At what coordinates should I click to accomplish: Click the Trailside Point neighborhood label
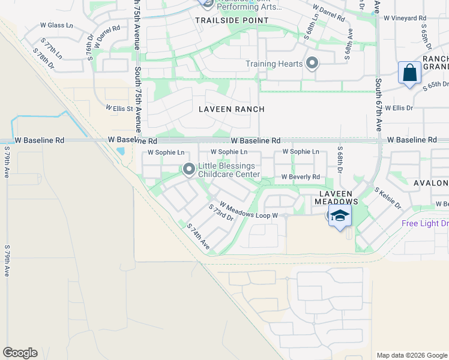click(x=224, y=20)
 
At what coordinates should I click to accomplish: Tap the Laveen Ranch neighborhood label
click(x=231, y=109)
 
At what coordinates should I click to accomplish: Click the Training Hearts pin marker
click(x=312, y=63)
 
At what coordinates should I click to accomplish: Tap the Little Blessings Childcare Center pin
click(x=189, y=170)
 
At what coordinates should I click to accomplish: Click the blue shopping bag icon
click(x=409, y=74)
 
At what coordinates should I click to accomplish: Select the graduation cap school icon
click(x=340, y=216)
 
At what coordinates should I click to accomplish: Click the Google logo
click(x=20, y=353)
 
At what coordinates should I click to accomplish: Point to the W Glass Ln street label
click(x=56, y=25)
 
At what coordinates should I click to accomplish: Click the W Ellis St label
click(x=119, y=108)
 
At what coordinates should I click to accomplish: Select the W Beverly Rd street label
click(x=301, y=177)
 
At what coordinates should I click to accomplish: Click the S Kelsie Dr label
click(x=388, y=198)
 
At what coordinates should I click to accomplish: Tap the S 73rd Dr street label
click(x=221, y=213)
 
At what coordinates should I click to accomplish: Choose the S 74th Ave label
click(x=199, y=236)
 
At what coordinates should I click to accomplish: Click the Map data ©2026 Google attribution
click(x=411, y=355)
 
